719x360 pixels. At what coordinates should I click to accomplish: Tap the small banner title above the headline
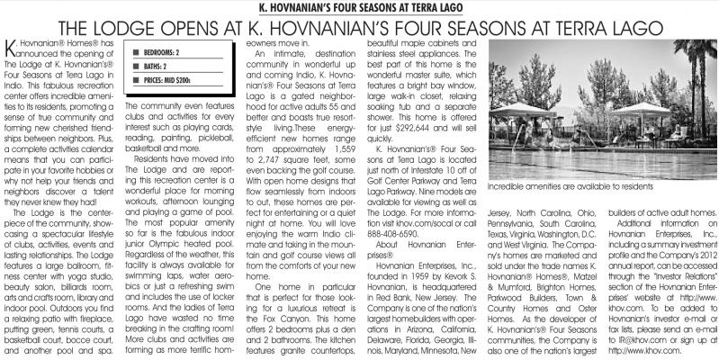[359, 7]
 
